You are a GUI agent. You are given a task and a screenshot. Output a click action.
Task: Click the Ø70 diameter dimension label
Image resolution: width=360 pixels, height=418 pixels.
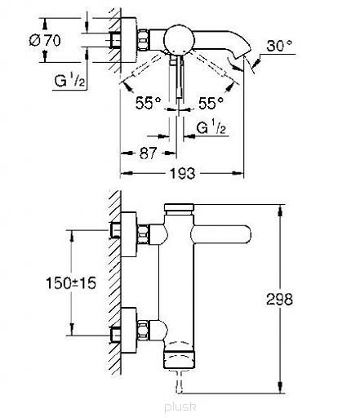[45, 41]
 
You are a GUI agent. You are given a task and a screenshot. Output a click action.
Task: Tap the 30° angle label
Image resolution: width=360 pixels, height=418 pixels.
[279, 46]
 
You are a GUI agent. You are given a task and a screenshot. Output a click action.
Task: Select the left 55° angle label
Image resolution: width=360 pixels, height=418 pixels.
[149, 103]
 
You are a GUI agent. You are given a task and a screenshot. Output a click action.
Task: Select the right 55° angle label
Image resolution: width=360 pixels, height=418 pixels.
[211, 103]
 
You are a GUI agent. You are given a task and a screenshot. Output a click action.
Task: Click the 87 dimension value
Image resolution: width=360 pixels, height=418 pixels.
[148, 153]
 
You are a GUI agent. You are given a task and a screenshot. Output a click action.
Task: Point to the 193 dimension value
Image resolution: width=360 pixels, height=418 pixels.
[182, 173]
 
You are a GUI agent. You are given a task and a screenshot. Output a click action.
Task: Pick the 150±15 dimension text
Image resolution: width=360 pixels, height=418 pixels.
[71, 283]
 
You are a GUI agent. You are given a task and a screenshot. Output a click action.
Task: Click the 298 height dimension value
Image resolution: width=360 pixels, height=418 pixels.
[279, 300]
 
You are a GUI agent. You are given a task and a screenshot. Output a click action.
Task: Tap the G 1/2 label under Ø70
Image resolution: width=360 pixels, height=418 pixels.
[69, 81]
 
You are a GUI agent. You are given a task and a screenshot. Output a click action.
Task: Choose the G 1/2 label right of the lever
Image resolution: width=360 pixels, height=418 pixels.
[211, 127]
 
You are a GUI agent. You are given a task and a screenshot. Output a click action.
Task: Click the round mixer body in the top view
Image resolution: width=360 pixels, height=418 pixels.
[180, 38]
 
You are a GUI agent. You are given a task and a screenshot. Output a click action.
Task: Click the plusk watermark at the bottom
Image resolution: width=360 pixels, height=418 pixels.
[180, 407]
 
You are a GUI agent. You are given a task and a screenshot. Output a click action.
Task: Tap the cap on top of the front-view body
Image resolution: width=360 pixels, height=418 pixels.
[179, 207]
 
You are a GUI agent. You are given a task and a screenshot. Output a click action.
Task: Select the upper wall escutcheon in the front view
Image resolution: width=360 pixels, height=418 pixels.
[129, 234]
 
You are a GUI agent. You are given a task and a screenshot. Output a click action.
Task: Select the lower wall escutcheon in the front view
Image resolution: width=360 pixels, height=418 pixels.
[129, 331]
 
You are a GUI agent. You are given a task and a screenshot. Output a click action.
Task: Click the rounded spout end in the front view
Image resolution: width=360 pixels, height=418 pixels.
[245, 234]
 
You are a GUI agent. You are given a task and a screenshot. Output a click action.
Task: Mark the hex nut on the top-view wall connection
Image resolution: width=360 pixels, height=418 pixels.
[143, 40]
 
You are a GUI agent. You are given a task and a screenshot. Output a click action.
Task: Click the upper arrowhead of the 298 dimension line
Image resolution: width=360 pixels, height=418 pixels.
[280, 211]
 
